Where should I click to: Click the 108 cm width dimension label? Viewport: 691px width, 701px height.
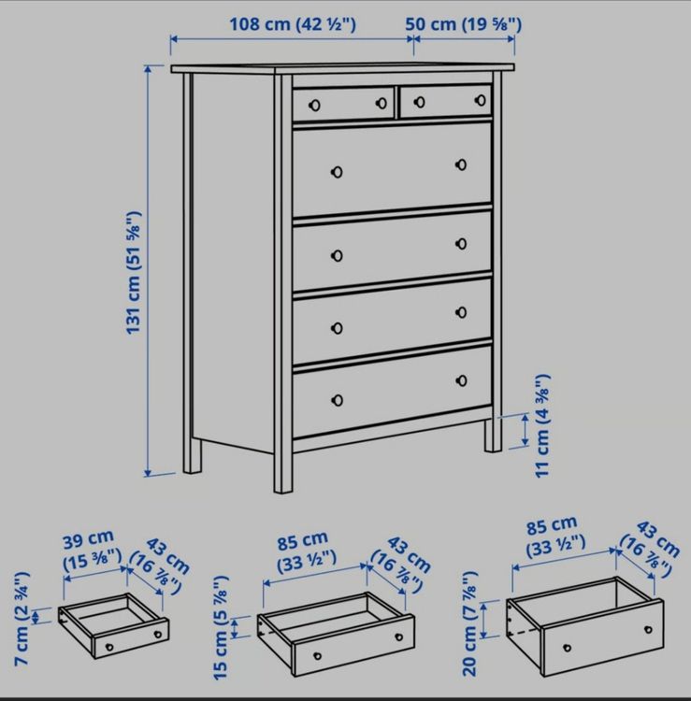(x=293, y=24)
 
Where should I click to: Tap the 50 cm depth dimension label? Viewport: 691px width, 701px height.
(x=464, y=24)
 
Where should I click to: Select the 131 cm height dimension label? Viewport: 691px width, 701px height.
(x=134, y=272)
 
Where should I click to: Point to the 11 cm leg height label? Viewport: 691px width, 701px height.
(x=542, y=425)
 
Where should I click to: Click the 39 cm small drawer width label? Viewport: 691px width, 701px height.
(x=91, y=551)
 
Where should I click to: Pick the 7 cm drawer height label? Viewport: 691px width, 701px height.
(x=22, y=618)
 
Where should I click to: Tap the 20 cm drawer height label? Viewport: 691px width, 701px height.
(x=470, y=622)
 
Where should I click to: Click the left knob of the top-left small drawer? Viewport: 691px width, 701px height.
(x=315, y=106)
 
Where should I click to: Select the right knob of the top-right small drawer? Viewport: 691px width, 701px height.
(x=481, y=100)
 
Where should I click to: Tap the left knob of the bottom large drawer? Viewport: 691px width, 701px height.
(x=338, y=400)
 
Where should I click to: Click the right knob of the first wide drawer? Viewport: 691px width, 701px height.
(x=461, y=165)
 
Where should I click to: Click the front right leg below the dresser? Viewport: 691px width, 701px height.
(x=494, y=435)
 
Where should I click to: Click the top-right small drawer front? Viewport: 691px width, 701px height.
(x=446, y=101)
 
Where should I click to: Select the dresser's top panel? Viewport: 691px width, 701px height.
(x=342, y=68)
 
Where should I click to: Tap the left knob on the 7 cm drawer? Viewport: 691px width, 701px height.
(x=108, y=647)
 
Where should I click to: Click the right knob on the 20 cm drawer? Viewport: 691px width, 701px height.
(x=648, y=629)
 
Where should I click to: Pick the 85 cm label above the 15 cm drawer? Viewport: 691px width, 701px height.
(x=302, y=540)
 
